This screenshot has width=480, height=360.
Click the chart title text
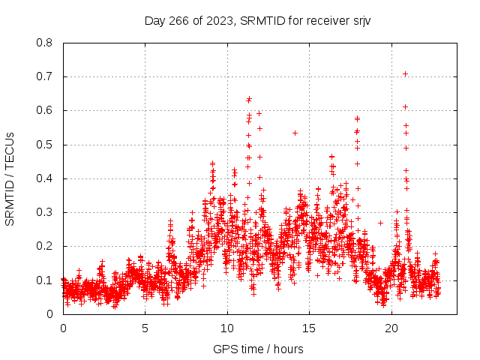pyautogui.click(x=257, y=20)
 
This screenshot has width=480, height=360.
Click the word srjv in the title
pyautogui.click(x=359, y=20)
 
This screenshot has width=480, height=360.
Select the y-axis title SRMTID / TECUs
pyautogui.click(x=10, y=178)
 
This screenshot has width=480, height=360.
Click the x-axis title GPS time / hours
pyautogui.click(x=257, y=349)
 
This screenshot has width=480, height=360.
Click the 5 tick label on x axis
pyautogui.click(x=145, y=328)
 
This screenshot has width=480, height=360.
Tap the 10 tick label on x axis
pyautogui.click(x=226, y=328)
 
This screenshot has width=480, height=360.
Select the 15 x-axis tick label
pyautogui.click(x=309, y=328)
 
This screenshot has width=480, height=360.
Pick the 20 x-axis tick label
pyautogui.click(x=391, y=328)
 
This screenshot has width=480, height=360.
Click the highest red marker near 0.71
pyautogui.click(x=405, y=73)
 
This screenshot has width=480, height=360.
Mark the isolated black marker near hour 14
pyautogui.click(x=295, y=133)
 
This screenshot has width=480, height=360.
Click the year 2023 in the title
pyautogui.click(x=220, y=20)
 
